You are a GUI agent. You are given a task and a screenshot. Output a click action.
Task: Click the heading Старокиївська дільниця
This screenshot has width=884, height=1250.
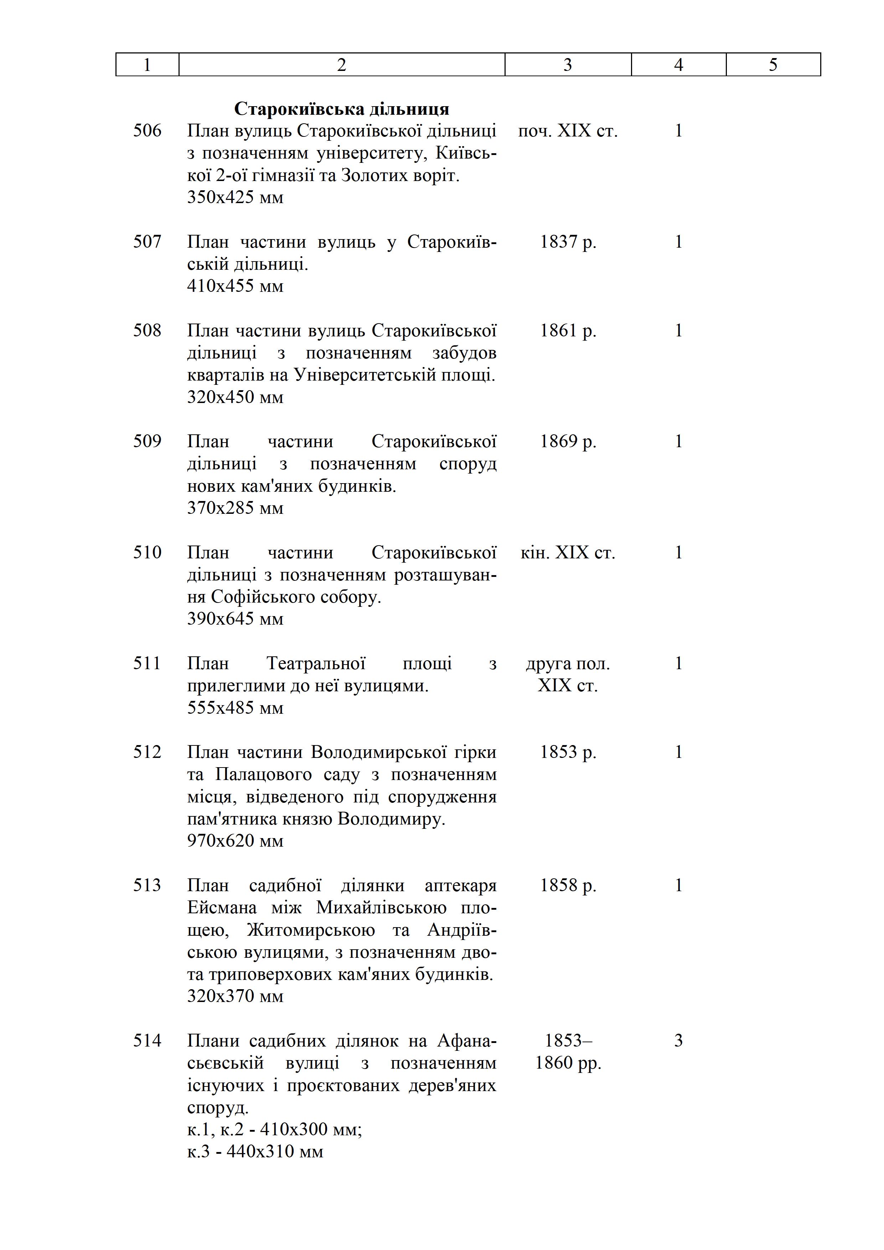[341, 109]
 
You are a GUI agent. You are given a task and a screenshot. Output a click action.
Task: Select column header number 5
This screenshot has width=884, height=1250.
[773, 65]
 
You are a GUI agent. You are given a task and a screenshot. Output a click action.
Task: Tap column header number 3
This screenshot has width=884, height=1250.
[568, 65]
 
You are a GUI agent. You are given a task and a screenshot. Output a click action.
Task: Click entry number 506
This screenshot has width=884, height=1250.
[148, 131]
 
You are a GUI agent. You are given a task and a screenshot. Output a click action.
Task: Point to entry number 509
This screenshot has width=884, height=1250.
[148, 441]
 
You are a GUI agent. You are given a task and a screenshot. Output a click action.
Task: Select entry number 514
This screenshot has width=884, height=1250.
[148, 1040]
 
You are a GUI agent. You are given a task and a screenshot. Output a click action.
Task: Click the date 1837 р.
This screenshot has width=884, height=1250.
[568, 242]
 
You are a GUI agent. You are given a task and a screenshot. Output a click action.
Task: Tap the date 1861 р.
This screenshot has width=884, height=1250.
[568, 330]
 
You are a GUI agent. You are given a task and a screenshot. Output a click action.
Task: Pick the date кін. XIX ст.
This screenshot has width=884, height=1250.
[568, 553]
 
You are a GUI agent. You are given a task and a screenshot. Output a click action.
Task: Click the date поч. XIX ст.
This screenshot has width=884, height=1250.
[568, 131]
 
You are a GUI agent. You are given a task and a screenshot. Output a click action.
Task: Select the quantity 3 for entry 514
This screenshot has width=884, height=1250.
[678, 1040]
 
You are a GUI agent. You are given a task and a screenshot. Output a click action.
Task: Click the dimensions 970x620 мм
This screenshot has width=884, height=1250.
[235, 841]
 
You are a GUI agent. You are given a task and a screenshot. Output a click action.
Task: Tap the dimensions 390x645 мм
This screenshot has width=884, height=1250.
[235, 619]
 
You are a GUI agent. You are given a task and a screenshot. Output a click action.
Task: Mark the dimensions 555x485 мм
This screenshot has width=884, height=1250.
[235, 708]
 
